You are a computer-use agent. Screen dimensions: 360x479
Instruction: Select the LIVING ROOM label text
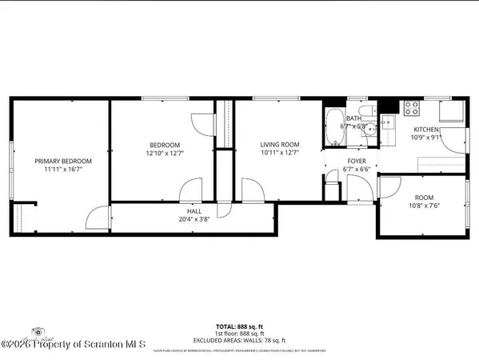(277, 145)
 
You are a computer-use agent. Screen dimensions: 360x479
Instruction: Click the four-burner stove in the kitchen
(412, 106)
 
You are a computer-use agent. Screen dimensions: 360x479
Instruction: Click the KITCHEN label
(425, 129)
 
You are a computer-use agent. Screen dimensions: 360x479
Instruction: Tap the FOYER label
(356, 161)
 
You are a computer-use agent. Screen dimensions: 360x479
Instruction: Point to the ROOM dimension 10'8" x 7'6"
(423, 205)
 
